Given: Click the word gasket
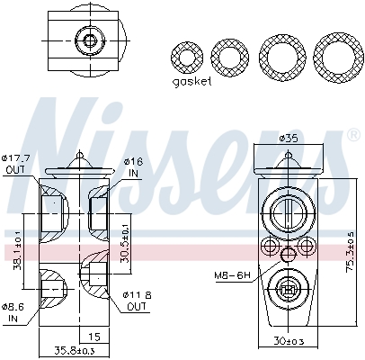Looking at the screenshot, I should pyautogui.click(x=191, y=81).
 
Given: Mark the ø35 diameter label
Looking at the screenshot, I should pyautogui.click(x=288, y=140).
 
